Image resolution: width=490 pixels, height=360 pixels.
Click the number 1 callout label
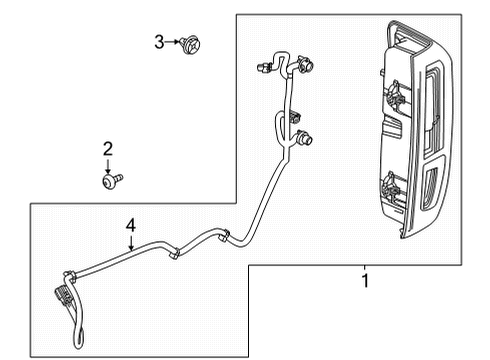coord(365,282)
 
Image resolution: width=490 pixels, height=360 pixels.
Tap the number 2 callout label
coord(108,150)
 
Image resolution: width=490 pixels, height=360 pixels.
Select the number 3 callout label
coord(159,41)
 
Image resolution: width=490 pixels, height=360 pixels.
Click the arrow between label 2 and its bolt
coord(108,165)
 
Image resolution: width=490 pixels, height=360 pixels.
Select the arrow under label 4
coord(130,243)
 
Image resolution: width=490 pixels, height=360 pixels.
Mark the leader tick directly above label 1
coord(365,267)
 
